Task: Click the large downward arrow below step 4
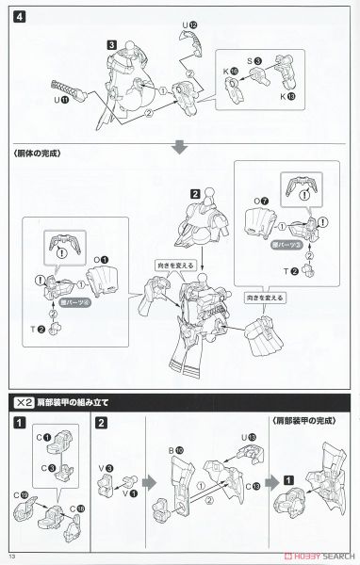(x=179, y=148)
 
